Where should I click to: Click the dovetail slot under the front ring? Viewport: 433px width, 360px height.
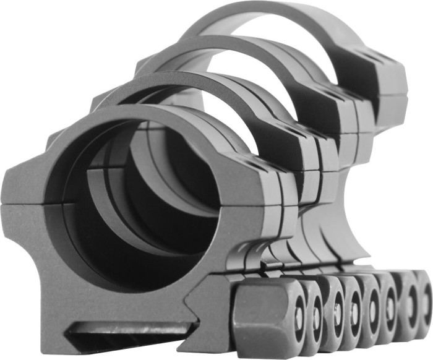pyautogui.click(x=124, y=334)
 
